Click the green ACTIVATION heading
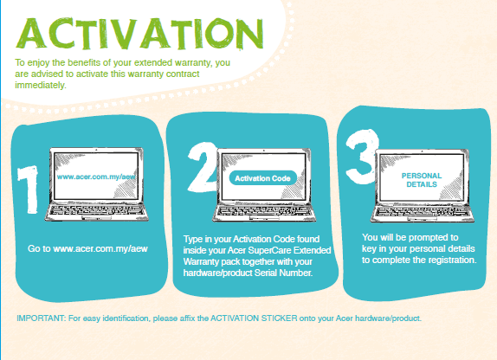[139, 33]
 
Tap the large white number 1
[29, 190]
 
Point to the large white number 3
[362, 157]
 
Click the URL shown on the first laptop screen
[96, 177]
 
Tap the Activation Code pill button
[262, 178]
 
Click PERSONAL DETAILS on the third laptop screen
[422, 180]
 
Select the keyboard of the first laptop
[96, 210]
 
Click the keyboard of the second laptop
[264, 211]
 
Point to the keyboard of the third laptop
[422, 211]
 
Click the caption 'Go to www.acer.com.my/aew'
[87, 248]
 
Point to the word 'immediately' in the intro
[41, 86]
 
